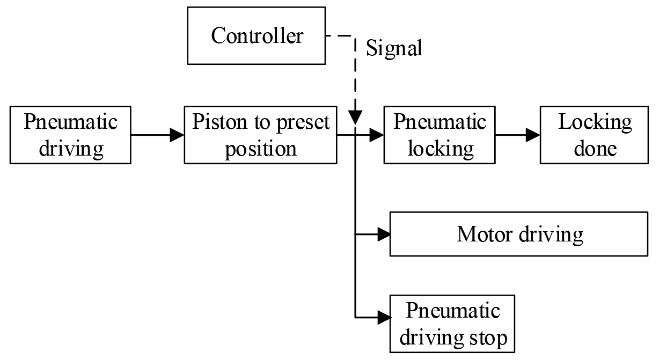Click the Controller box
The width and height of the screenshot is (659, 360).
[257, 35]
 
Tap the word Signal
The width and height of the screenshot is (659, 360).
[394, 48]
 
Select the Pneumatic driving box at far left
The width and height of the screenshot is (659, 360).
[70, 135]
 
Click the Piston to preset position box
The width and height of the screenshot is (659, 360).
[260, 135]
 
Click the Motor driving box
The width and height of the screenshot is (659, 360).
[518, 234]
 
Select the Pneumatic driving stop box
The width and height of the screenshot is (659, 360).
[452, 324]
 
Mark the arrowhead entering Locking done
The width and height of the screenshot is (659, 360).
[533, 135]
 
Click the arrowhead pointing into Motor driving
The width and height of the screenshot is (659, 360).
[383, 234]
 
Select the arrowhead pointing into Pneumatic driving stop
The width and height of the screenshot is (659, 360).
[383, 317]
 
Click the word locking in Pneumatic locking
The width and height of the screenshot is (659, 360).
[441, 148]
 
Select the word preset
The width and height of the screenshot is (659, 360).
[303, 122]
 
